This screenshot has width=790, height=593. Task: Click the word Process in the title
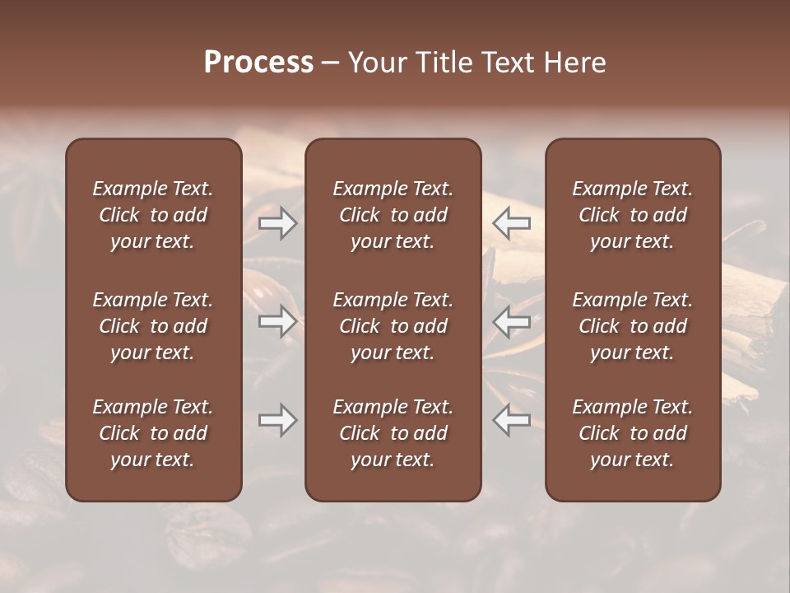click(x=258, y=62)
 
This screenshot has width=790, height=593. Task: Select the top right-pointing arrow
click(x=277, y=223)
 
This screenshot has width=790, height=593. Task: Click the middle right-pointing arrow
click(x=277, y=321)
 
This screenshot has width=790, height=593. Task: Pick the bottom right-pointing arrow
click(x=277, y=420)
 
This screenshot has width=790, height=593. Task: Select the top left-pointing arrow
click(x=512, y=223)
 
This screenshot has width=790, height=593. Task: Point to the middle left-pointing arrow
click(x=512, y=321)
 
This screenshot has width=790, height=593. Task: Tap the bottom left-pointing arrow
click(x=512, y=420)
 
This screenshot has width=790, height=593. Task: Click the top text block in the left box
click(x=153, y=215)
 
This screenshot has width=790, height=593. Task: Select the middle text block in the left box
click(x=153, y=326)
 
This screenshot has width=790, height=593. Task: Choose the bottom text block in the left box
click(x=153, y=433)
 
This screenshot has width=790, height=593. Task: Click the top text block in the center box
click(x=393, y=215)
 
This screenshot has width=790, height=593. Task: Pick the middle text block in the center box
click(x=393, y=326)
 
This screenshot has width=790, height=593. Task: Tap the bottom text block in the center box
click(x=393, y=433)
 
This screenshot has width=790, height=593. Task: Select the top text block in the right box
click(x=632, y=215)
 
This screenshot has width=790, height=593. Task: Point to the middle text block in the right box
click(x=632, y=326)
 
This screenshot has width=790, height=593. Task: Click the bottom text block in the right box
click(x=632, y=433)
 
